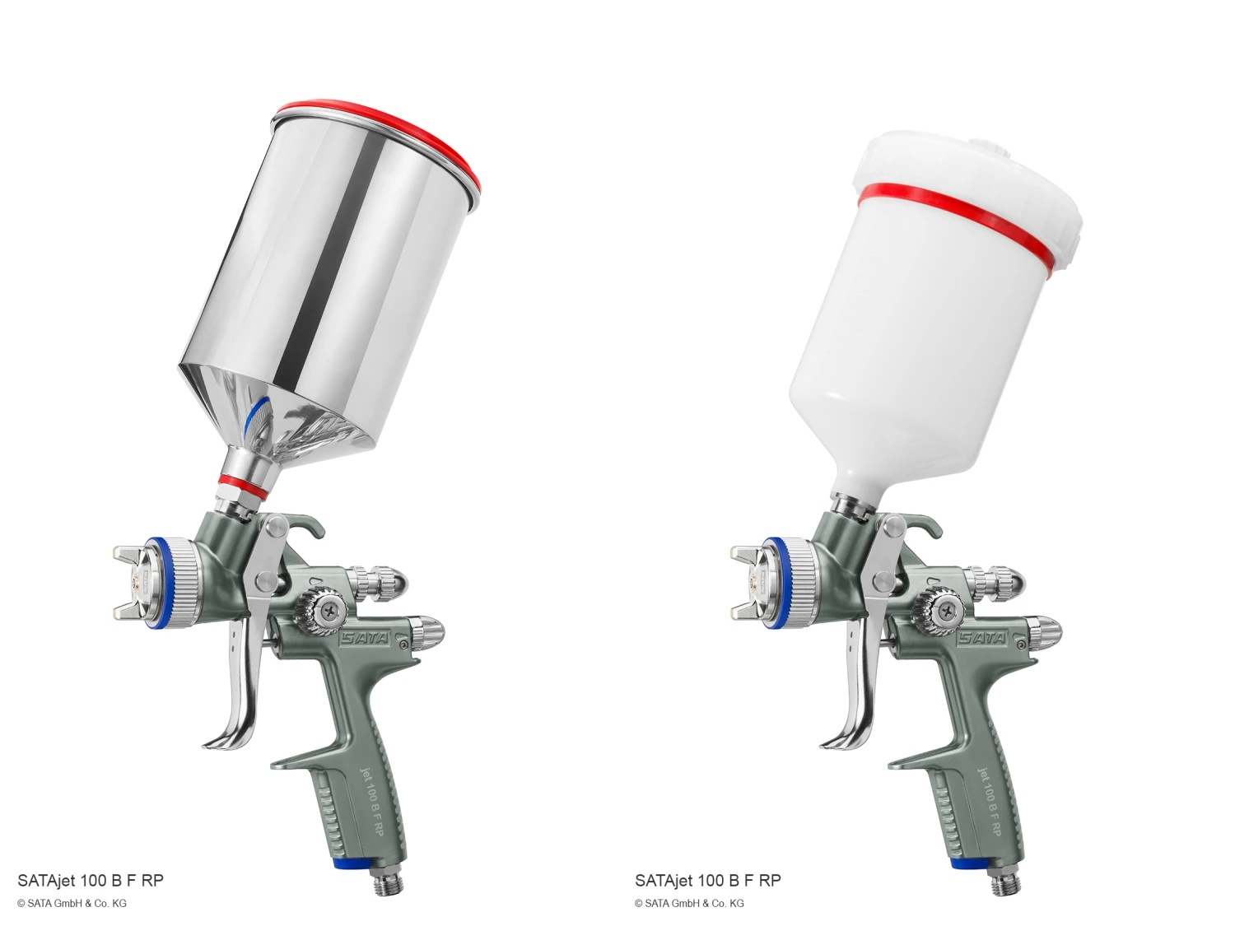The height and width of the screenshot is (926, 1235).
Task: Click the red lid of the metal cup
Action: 394,128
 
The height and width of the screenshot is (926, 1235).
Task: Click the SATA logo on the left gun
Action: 364,638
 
